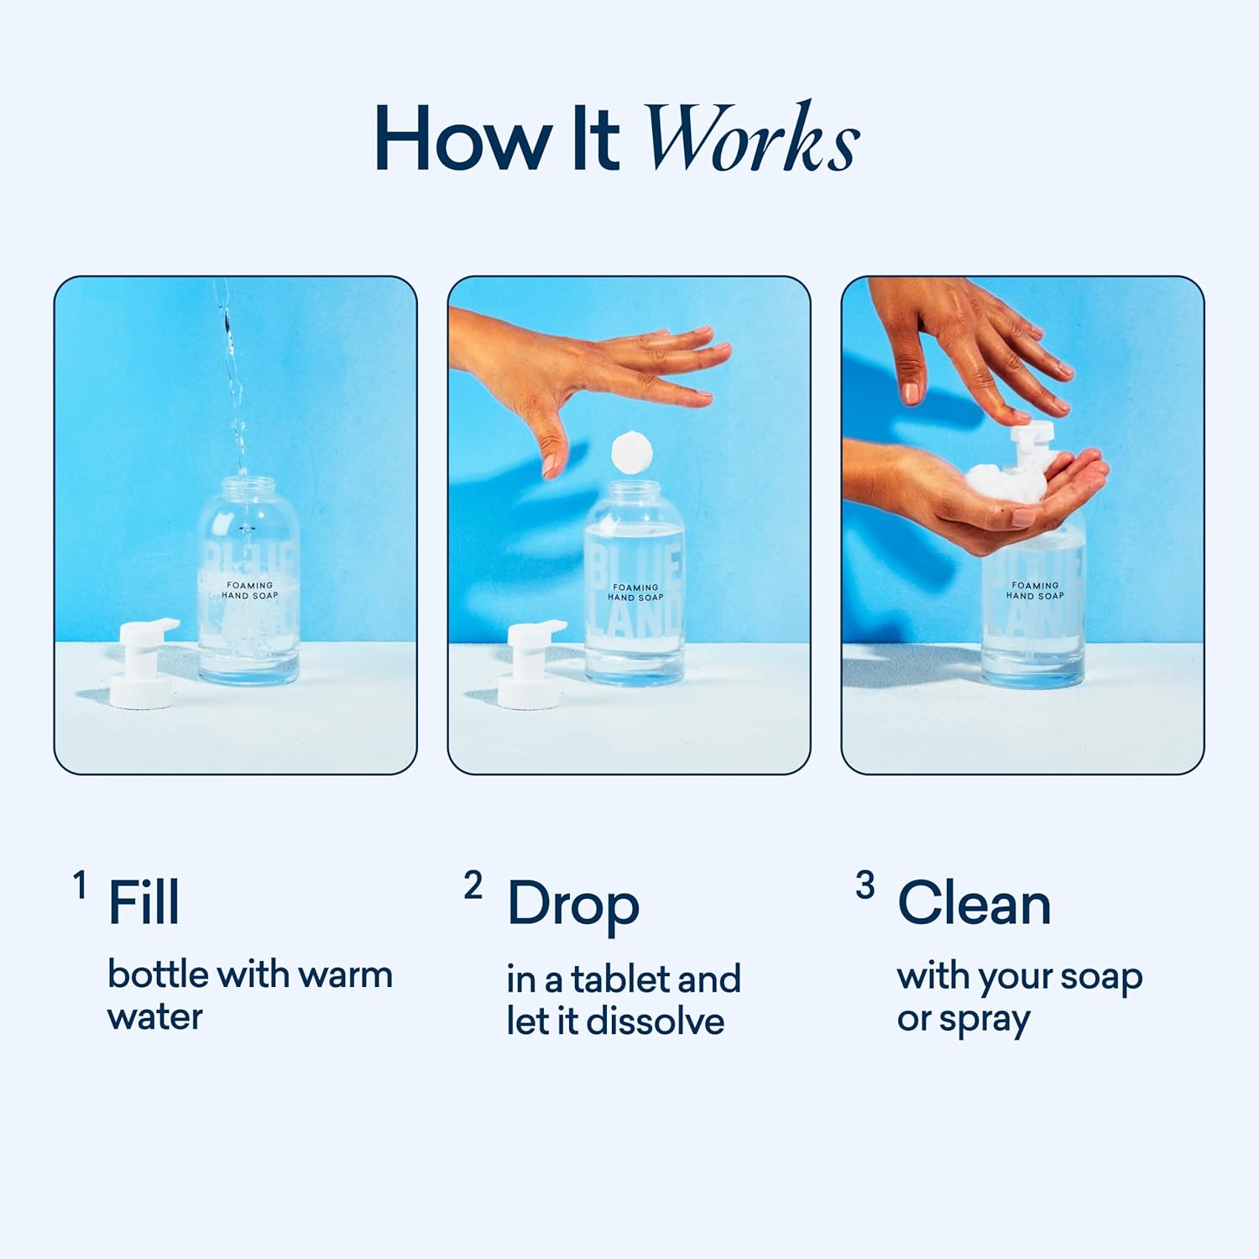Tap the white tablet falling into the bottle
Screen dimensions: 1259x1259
click(x=631, y=453)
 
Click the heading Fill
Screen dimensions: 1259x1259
click(x=144, y=903)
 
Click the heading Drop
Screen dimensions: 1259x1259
click(x=573, y=905)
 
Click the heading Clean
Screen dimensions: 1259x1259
click(x=974, y=904)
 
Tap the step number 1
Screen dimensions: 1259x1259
click(x=80, y=885)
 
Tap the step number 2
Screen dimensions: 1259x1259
click(x=473, y=885)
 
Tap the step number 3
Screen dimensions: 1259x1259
click(x=865, y=885)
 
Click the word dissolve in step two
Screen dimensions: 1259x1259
click(x=655, y=1021)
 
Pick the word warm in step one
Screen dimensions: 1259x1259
click(x=345, y=974)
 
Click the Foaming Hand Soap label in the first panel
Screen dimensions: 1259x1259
click(x=249, y=590)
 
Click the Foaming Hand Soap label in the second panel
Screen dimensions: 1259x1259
click(x=635, y=593)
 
